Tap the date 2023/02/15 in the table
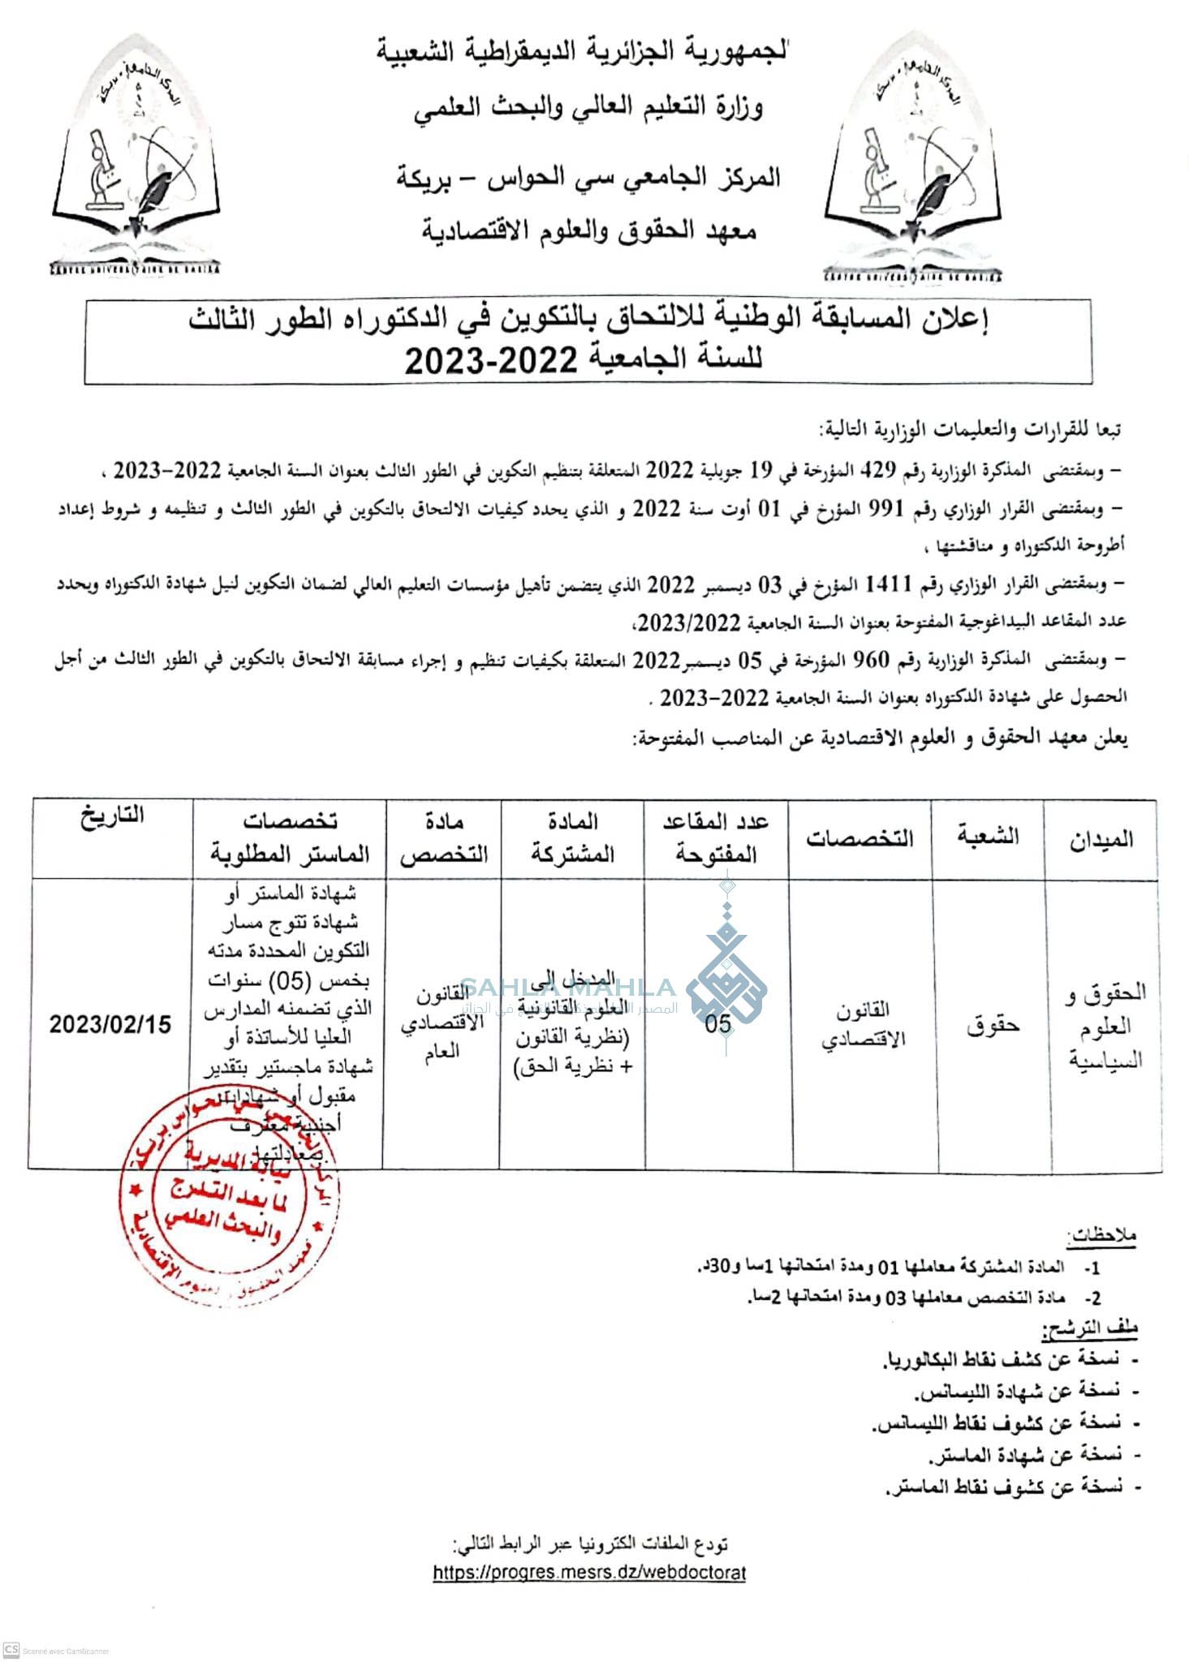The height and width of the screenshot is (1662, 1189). click(x=110, y=1023)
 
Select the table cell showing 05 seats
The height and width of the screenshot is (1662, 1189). click(x=717, y=1023)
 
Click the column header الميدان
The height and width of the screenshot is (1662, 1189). click(x=1101, y=839)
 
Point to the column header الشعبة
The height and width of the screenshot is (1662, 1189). click(x=988, y=836)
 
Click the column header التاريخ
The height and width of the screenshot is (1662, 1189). click(x=112, y=816)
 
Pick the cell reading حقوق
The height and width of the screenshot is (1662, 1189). click(x=992, y=1026)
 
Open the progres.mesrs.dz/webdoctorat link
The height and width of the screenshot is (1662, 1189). click(x=589, y=1572)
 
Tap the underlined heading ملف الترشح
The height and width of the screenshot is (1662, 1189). click(x=1089, y=1328)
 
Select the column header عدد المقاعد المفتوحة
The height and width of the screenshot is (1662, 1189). click(x=715, y=837)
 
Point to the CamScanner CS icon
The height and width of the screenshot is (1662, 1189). click(x=12, y=1650)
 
